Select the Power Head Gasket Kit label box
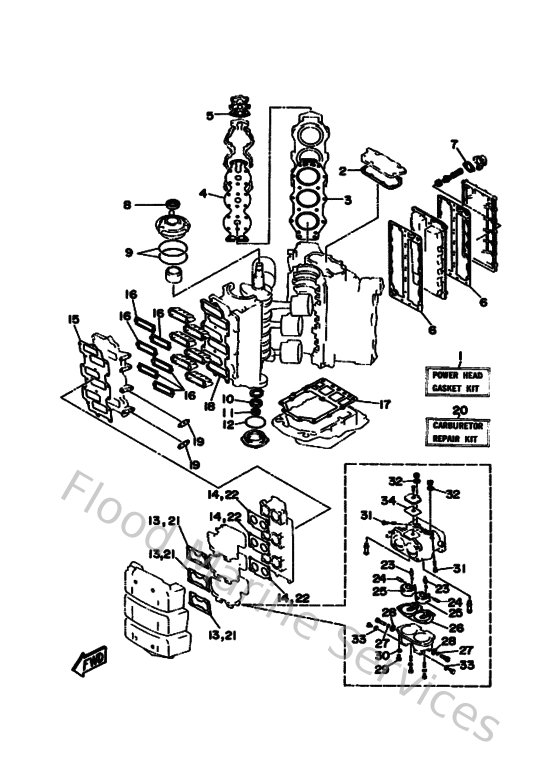tap(457, 381)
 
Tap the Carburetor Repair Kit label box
tap(457, 432)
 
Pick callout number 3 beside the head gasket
tap(348, 200)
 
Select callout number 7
tap(453, 143)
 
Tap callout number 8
tap(127, 205)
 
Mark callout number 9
tap(127, 253)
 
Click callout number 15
tap(72, 319)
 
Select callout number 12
tap(228, 425)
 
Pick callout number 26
tap(456, 627)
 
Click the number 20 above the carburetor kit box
tap(458, 410)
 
